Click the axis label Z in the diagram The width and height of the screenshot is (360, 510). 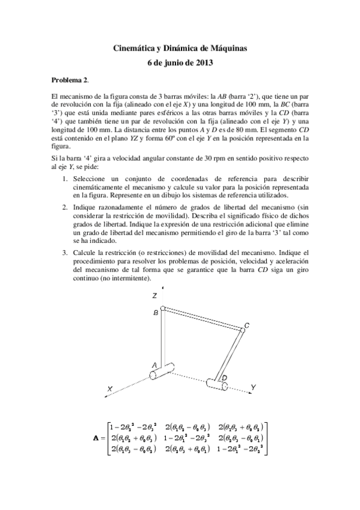[x=155, y=296]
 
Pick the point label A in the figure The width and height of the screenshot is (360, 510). [x=154, y=365]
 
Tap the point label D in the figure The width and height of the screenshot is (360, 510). [x=224, y=377]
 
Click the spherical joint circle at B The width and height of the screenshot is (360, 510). [x=163, y=309]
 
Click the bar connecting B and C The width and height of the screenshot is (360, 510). [x=201, y=318]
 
